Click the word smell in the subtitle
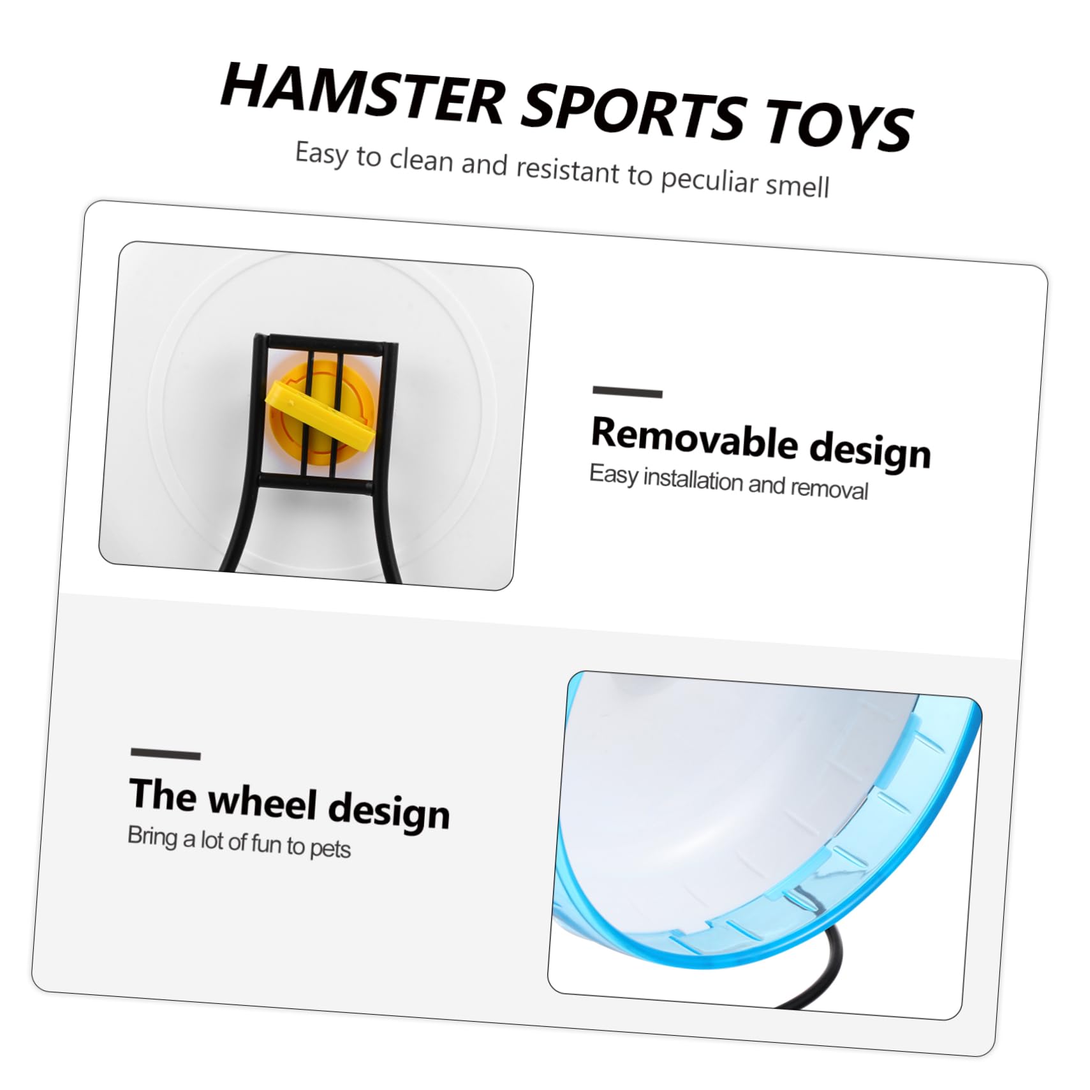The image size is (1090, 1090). [x=797, y=185]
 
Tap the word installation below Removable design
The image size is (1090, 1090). [x=693, y=480]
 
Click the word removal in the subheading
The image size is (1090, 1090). [x=829, y=489]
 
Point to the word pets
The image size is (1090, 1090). [x=330, y=849]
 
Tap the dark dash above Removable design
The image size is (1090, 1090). [x=627, y=392]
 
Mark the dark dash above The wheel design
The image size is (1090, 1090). [x=165, y=754]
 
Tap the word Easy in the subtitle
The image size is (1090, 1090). [x=321, y=154]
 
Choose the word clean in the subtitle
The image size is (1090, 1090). [x=421, y=159]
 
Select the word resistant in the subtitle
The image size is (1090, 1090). [x=567, y=169]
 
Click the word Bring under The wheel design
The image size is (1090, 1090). [x=152, y=836]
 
